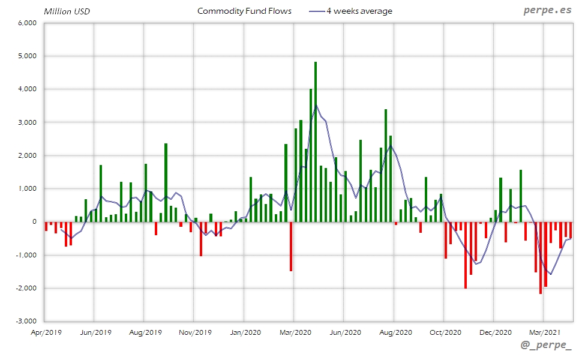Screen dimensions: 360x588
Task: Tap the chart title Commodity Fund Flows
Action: (244, 11)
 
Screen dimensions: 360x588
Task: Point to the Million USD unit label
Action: (67, 11)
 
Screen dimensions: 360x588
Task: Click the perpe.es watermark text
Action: (548, 10)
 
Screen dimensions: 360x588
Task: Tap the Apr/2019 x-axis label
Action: (45, 332)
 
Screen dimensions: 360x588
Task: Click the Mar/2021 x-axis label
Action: (544, 332)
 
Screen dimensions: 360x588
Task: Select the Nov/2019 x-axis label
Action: (195, 332)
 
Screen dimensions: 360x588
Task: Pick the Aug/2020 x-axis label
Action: (394, 332)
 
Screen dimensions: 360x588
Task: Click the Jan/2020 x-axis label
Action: (245, 332)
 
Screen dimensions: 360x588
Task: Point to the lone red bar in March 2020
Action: (291, 246)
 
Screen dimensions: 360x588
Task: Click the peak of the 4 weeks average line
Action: (316, 105)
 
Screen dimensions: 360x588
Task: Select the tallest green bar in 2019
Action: (166, 182)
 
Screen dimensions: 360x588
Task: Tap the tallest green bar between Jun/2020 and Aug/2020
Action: (386, 166)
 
